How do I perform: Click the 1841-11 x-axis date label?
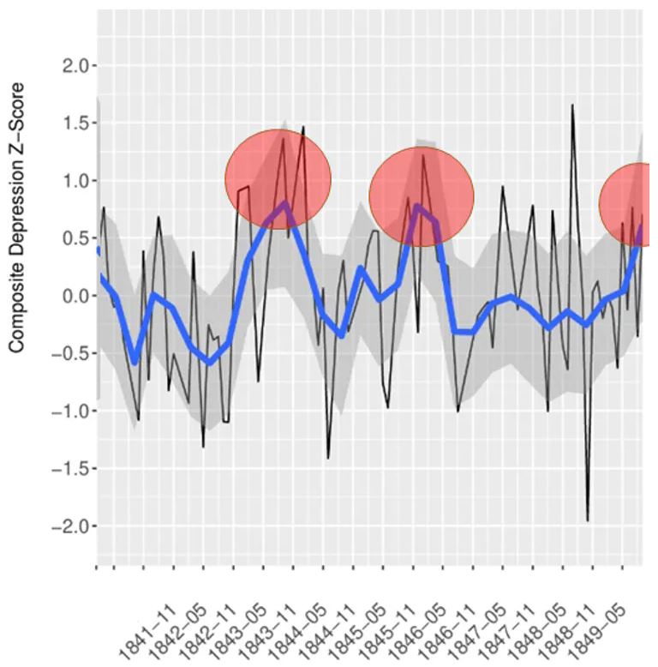[x=147, y=632]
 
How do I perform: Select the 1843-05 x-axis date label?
[x=236, y=632]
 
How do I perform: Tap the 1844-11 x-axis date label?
[x=326, y=632]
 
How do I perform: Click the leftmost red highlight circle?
[x=278, y=180]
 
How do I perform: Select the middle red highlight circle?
[x=422, y=196]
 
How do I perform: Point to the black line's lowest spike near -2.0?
[x=588, y=520]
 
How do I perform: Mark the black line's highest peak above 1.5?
[x=571, y=105]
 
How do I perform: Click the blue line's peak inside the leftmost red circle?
[x=284, y=203]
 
